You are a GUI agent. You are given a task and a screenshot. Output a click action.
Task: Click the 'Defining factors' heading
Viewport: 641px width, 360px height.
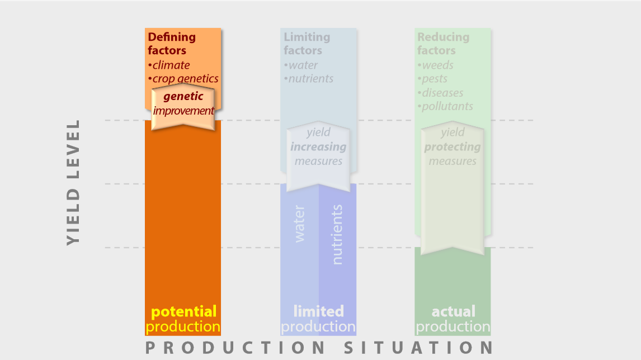(x=172, y=43)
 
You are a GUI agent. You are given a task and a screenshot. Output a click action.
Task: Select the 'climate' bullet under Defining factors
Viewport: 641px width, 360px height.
(x=169, y=65)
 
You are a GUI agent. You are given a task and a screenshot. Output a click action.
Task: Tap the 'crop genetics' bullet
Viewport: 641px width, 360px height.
(x=183, y=78)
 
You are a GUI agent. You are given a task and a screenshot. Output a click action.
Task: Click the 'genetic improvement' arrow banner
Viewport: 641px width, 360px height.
(x=183, y=107)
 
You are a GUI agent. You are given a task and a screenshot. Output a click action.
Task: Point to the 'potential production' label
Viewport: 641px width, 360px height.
(x=183, y=319)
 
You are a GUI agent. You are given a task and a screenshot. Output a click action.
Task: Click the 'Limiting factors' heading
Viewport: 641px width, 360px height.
(x=307, y=43)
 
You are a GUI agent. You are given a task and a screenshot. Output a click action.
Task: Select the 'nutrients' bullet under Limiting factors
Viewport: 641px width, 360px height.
(x=309, y=78)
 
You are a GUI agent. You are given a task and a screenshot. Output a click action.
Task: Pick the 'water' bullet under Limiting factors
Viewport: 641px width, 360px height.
(x=300, y=65)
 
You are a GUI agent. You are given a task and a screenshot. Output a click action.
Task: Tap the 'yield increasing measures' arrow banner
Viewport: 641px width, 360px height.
(x=318, y=156)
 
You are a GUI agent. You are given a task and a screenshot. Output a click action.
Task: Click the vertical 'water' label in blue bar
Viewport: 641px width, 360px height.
(x=299, y=224)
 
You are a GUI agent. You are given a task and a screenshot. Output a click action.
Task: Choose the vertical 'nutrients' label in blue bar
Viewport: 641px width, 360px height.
(x=337, y=235)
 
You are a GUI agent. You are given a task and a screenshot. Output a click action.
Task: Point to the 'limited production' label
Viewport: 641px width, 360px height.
(x=318, y=319)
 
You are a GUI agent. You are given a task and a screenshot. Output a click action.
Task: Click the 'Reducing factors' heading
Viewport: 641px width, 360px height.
(x=443, y=43)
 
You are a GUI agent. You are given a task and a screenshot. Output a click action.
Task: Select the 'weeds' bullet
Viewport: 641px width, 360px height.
(x=435, y=65)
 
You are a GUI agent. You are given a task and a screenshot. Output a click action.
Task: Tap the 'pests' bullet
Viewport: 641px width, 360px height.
(x=432, y=78)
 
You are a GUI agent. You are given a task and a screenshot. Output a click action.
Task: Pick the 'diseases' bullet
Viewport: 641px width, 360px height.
(x=440, y=93)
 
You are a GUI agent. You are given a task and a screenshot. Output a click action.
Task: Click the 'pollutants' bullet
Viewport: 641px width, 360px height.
(x=445, y=106)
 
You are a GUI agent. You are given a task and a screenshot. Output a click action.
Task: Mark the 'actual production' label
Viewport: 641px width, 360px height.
(x=453, y=319)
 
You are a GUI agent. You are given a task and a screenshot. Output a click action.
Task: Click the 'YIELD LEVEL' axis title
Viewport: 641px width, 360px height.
(x=73, y=182)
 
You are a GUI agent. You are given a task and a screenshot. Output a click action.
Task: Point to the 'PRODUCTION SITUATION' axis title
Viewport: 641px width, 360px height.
(x=319, y=348)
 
